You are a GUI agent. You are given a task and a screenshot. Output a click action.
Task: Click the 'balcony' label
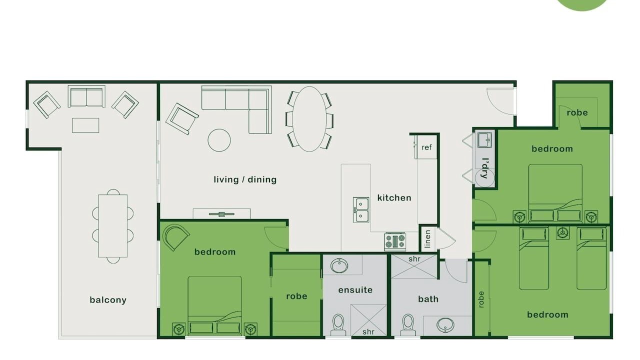pyautogui.click(x=108, y=300)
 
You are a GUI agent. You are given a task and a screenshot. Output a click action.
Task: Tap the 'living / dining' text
pyautogui.click(x=245, y=179)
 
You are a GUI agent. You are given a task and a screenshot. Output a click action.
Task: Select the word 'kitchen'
pyautogui.click(x=394, y=197)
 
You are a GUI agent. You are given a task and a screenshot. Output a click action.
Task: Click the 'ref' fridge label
pyautogui.click(x=426, y=147)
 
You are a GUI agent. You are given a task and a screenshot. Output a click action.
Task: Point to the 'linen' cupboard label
pyautogui.click(x=427, y=239)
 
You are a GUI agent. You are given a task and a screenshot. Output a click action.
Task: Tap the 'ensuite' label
pyautogui.click(x=355, y=290)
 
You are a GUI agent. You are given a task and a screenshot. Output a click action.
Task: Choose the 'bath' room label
pyautogui.click(x=428, y=299)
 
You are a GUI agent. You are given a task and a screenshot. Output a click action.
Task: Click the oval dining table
pyautogui.click(x=309, y=119)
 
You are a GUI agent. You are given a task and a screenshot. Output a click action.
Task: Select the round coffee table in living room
pyautogui.click(x=219, y=140)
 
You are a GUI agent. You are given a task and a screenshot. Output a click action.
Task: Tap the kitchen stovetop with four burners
pyautogui.click(x=395, y=241)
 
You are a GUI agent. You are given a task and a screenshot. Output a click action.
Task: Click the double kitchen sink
pyautogui.click(x=361, y=209)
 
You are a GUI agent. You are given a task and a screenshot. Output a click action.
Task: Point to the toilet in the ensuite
pyautogui.click(x=338, y=324)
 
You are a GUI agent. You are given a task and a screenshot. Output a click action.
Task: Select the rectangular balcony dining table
pyautogui.click(x=113, y=226)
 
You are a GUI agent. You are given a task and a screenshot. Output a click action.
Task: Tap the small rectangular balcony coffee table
pyautogui.click(x=85, y=125)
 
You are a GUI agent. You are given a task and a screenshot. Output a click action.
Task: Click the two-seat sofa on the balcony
pyautogui.click(x=86, y=96)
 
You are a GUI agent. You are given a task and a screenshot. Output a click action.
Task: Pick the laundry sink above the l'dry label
pyautogui.click(x=484, y=140)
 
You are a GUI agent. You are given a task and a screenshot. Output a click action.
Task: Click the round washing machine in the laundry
pyautogui.click(x=484, y=177)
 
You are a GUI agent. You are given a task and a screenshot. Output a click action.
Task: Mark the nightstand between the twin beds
pyautogui.click(x=562, y=233)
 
